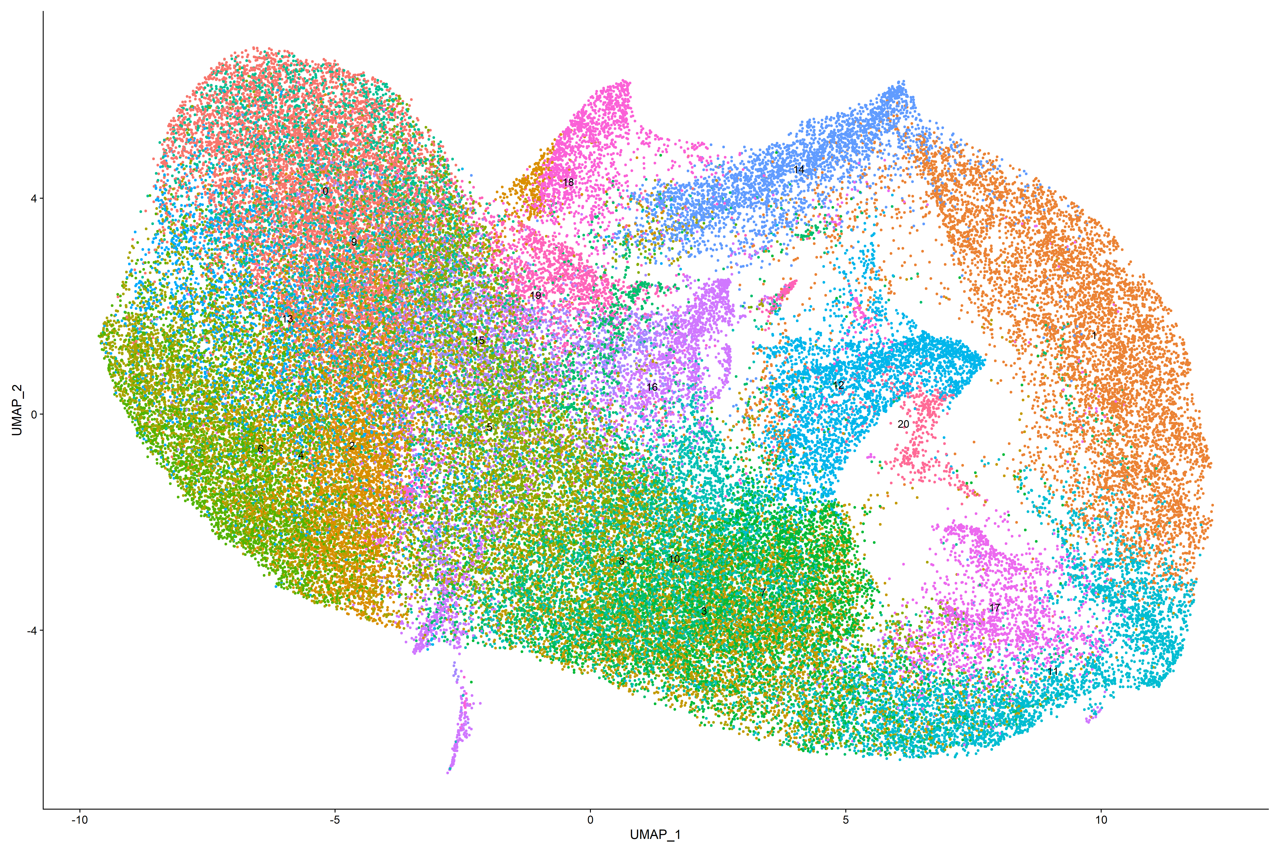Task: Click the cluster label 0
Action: (325, 191)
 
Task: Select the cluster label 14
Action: (798, 170)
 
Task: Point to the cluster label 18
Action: (568, 182)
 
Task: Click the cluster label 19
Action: (536, 295)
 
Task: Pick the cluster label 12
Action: (839, 385)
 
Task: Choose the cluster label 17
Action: (994, 608)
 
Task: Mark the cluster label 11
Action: (1053, 671)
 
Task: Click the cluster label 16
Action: (652, 387)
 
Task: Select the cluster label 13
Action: (287, 319)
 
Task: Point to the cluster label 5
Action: (489, 427)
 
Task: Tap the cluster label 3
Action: (704, 611)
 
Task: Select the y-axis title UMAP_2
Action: (17, 410)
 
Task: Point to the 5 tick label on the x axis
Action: (846, 820)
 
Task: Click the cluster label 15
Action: (479, 340)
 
